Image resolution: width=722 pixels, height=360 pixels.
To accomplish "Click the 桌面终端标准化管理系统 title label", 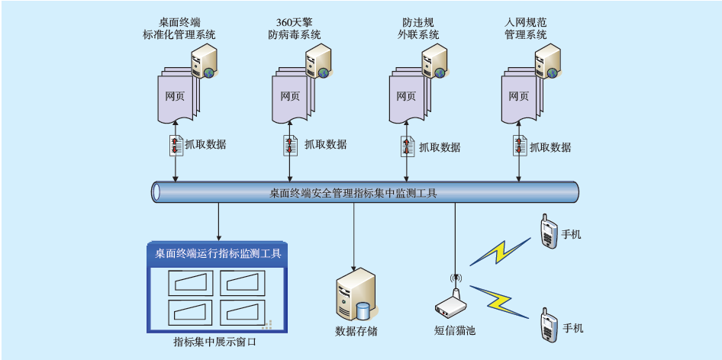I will [179, 29].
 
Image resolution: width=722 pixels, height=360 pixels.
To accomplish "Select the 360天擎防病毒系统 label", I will [294, 29].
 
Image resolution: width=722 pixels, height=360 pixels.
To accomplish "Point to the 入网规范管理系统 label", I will [526, 29].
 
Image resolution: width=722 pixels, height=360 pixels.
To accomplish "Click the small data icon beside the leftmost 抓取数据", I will [176, 145].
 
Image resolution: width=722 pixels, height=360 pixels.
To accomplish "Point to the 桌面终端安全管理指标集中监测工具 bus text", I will [353, 194].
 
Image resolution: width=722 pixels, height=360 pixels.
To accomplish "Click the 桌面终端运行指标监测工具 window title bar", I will [218, 253].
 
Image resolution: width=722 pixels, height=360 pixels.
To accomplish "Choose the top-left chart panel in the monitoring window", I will [191, 284].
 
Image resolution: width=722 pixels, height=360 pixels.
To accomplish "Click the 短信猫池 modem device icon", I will [453, 302].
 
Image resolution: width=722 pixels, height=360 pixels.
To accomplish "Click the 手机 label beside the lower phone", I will [572, 328].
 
